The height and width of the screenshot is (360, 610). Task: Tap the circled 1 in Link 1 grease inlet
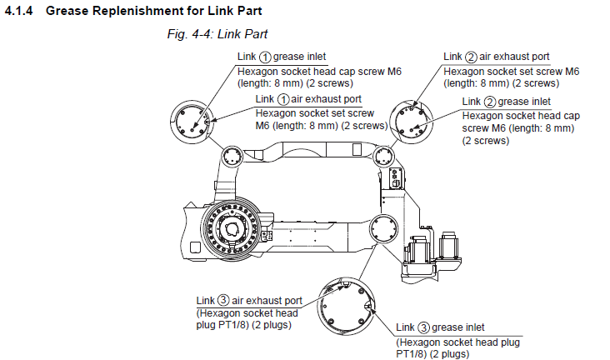[265, 57]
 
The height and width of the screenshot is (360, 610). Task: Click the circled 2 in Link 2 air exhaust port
[471, 57]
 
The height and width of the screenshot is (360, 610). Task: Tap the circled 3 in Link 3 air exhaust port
[223, 300]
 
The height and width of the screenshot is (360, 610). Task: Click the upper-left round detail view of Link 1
[196, 123]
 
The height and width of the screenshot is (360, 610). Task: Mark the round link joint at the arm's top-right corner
[384, 156]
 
